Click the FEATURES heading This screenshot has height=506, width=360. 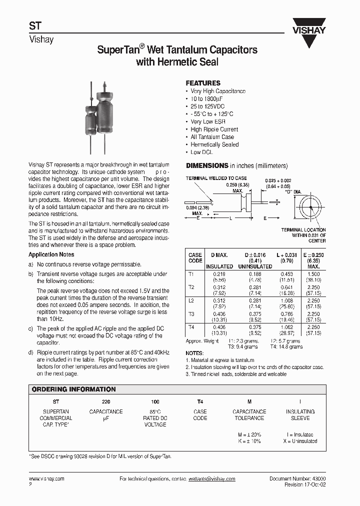[x=203, y=83]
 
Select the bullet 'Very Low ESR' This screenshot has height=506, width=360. [x=208, y=121]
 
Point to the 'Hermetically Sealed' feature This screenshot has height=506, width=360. [x=215, y=144]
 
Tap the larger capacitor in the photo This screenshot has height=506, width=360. [x=105, y=114]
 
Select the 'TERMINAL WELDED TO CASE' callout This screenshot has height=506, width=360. [x=216, y=178]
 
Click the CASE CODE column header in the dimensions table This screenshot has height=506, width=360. [x=195, y=257]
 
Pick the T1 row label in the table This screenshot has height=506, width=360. [x=191, y=274]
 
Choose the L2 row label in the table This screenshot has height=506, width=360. [x=191, y=300]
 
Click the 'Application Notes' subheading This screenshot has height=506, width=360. [x=51, y=254]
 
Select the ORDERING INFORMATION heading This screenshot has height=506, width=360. [x=73, y=389]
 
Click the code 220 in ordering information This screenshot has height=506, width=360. [x=105, y=402]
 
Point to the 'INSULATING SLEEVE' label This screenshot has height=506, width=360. [x=300, y=414]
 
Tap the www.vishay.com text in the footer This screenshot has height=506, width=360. [x=46, y=478]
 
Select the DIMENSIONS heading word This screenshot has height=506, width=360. [x=207, y=165]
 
